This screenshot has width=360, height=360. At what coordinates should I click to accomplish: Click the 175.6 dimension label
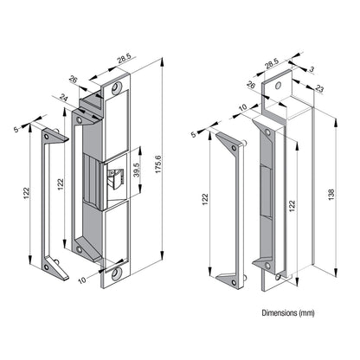tap(159, 164)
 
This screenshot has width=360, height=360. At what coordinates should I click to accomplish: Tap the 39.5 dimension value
tap(136, 170)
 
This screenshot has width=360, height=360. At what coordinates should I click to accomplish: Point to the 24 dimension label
tap(63, 97)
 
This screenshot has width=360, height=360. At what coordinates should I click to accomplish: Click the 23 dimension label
tap(319, 89)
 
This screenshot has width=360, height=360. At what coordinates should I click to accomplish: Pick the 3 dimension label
tap(312, 69)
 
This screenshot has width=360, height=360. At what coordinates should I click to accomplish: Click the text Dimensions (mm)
tap(288, 312)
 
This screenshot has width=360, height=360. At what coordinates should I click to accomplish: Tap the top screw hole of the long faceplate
tap(117, 87)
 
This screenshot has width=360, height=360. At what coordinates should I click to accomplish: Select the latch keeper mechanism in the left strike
tap(115, 179)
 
